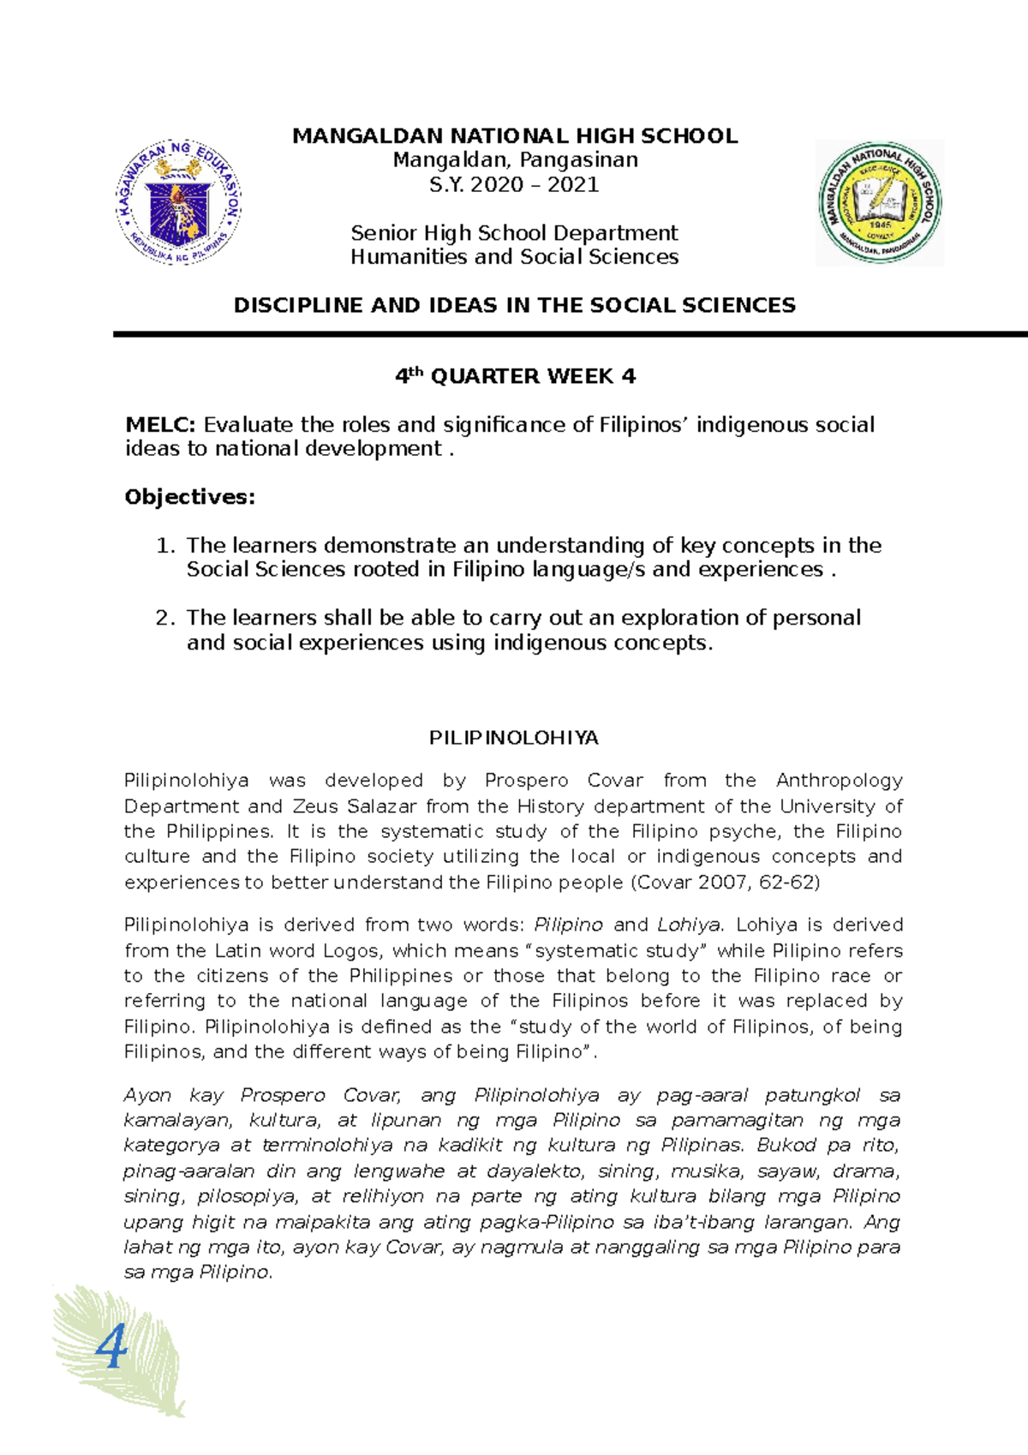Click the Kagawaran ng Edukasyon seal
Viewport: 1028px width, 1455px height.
coord(178,203)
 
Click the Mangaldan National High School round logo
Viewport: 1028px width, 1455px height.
coord(880,203)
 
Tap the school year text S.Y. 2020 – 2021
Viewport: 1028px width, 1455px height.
coord(514,185)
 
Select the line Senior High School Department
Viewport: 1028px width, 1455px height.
coord(514,233)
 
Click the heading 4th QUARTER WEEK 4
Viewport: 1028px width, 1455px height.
coord(515,376)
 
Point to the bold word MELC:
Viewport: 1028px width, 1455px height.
coord(160,425)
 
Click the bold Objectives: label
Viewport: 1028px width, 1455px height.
coord(189,497)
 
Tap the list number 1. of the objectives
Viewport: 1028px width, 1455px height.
coord(165,546)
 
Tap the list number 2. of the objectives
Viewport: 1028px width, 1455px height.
coord(165,618)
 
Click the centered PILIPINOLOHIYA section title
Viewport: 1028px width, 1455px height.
coord(513,738)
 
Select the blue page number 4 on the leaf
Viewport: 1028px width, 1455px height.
coord(111,1348)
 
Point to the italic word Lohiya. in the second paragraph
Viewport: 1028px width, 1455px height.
coord(690,925)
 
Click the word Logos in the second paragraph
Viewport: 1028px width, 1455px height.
coord(350,950)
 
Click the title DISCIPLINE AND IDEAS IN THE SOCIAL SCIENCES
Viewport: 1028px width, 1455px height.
coord(514,305)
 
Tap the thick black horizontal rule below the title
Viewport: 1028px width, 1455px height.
coord(570,334)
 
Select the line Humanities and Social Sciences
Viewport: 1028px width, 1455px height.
coord(514,257)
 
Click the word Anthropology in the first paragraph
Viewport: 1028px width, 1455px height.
coord(839,781)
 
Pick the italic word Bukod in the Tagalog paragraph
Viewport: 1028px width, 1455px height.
coord(786,1146)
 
